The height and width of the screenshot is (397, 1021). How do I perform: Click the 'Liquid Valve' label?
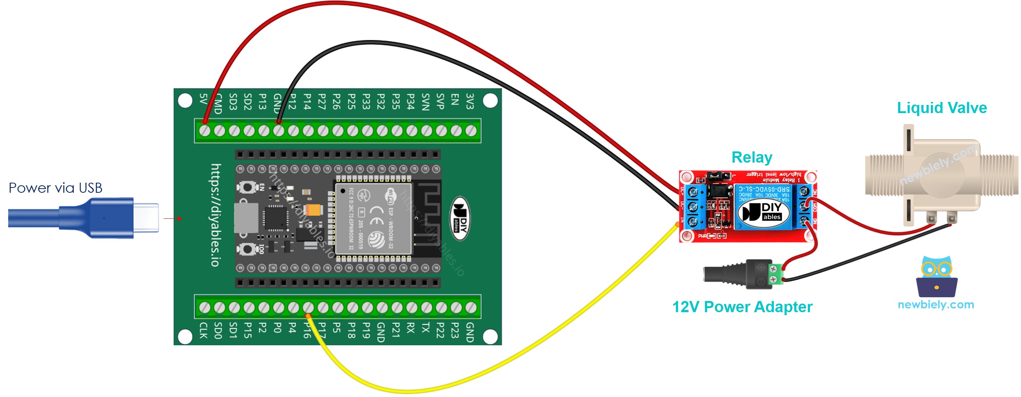pos(941,108)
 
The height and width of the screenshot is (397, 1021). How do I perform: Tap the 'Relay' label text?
pos(752,157)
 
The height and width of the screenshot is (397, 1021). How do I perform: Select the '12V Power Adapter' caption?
pos(742,307)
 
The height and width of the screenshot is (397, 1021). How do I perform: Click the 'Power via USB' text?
pos(55,188)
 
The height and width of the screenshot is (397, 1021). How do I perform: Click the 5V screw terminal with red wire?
pos(204,130)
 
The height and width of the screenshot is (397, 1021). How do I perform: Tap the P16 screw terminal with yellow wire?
pos(308,307)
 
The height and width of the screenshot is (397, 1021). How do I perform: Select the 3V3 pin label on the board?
pos(470,101)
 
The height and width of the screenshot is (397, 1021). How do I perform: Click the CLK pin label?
pos(203,330)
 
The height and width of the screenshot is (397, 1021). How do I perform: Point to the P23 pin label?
pos(455,330)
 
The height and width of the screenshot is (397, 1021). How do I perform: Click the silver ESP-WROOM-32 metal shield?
pos(373,219)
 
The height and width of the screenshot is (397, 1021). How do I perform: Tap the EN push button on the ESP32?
pos(247,187)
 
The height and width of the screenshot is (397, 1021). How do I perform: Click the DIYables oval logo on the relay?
pos(763,213)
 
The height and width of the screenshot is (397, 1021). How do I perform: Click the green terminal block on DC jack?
pos(776,274)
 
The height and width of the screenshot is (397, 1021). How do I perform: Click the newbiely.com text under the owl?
pos(936,304)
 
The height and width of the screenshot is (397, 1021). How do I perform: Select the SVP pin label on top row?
pos(440,101)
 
